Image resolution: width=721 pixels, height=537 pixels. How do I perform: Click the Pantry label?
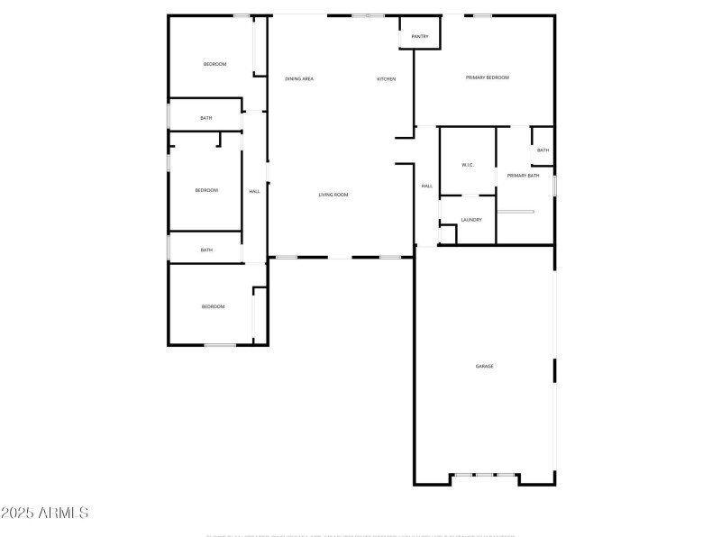tap(420, 37)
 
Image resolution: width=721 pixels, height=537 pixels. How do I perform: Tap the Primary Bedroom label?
tap(487, 77)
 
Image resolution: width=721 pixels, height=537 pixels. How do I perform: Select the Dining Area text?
tap(299, 79)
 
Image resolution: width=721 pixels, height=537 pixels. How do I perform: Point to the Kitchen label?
tap(386, 79)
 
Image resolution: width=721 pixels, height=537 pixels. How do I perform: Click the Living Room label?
tap(333, 195)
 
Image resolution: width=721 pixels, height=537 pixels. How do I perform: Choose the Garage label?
tap(485, 366)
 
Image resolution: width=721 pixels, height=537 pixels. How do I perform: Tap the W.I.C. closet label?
tap(468, 165)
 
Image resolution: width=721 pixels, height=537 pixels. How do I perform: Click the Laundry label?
tap(471, 220)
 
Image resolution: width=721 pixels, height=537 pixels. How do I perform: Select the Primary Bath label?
tap(523, 176)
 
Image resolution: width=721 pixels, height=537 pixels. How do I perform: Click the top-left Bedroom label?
tap(214, 64)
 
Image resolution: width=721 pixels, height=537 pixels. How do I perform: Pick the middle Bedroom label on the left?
tap(206, 190)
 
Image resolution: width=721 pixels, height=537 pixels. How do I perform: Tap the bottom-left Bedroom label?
tap(213, 307)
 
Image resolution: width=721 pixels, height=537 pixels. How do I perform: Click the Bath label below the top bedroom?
tap(206, 118)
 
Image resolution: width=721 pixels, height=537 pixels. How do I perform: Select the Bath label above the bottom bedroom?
tap(206, 250)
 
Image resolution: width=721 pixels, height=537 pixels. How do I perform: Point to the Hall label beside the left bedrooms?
tap(254, 191)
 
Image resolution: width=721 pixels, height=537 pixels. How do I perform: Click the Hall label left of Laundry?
tap(426, 187)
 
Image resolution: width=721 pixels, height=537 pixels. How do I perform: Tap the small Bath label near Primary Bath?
tap(543, 150)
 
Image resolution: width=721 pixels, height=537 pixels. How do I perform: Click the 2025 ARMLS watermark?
tap(45, 513)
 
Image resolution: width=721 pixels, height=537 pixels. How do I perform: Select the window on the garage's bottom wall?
tap(485, 475)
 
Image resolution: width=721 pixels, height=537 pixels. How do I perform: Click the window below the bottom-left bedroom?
tap(220, 345)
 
